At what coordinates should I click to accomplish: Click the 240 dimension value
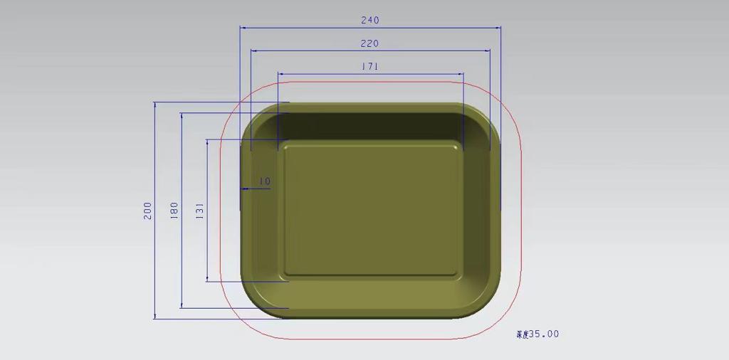pos(370,21)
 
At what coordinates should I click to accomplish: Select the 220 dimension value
pos(369,43)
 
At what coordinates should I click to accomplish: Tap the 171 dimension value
pos(369,67)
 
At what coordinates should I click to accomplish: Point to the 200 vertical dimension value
pos(148,211)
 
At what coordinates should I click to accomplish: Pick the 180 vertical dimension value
pos(174,211)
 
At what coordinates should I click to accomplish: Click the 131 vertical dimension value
pos(200,211)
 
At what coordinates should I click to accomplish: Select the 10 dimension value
pos(265,181)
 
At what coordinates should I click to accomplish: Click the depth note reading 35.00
pos(537,334)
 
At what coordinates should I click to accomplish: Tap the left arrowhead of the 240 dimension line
pos(242,28)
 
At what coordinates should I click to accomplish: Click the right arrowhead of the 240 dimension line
pos(498,28)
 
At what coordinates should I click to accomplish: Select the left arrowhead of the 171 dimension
pos(280,74)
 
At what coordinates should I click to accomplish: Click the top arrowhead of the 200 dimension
pos(155,105)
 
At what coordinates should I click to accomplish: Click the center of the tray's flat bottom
pos(370,209)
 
